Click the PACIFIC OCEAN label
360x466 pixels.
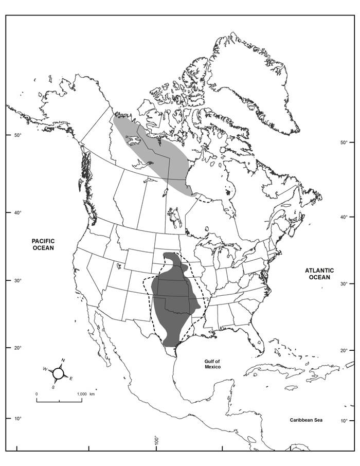pyautogui.click(x=43, y=244)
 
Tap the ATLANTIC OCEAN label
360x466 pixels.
pyautogui.click(x=319, y=274)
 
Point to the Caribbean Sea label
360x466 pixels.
pyautogui.click(x=305, y=420)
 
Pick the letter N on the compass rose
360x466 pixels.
pyautogui.click(x=63, y=360)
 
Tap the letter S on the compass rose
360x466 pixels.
pyautogui.click(x=53, y=387)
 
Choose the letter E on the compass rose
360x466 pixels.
pyautogui.click(x=71, y=379)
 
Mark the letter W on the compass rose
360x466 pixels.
pyautogui.click(x=45, y=369)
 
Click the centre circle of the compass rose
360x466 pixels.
pyautogui.click(x=58, y=373)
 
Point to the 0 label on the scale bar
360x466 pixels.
pyautogui.click(x=37, y=393)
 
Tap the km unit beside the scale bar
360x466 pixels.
pyautogui.click(x=93, y=393)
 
